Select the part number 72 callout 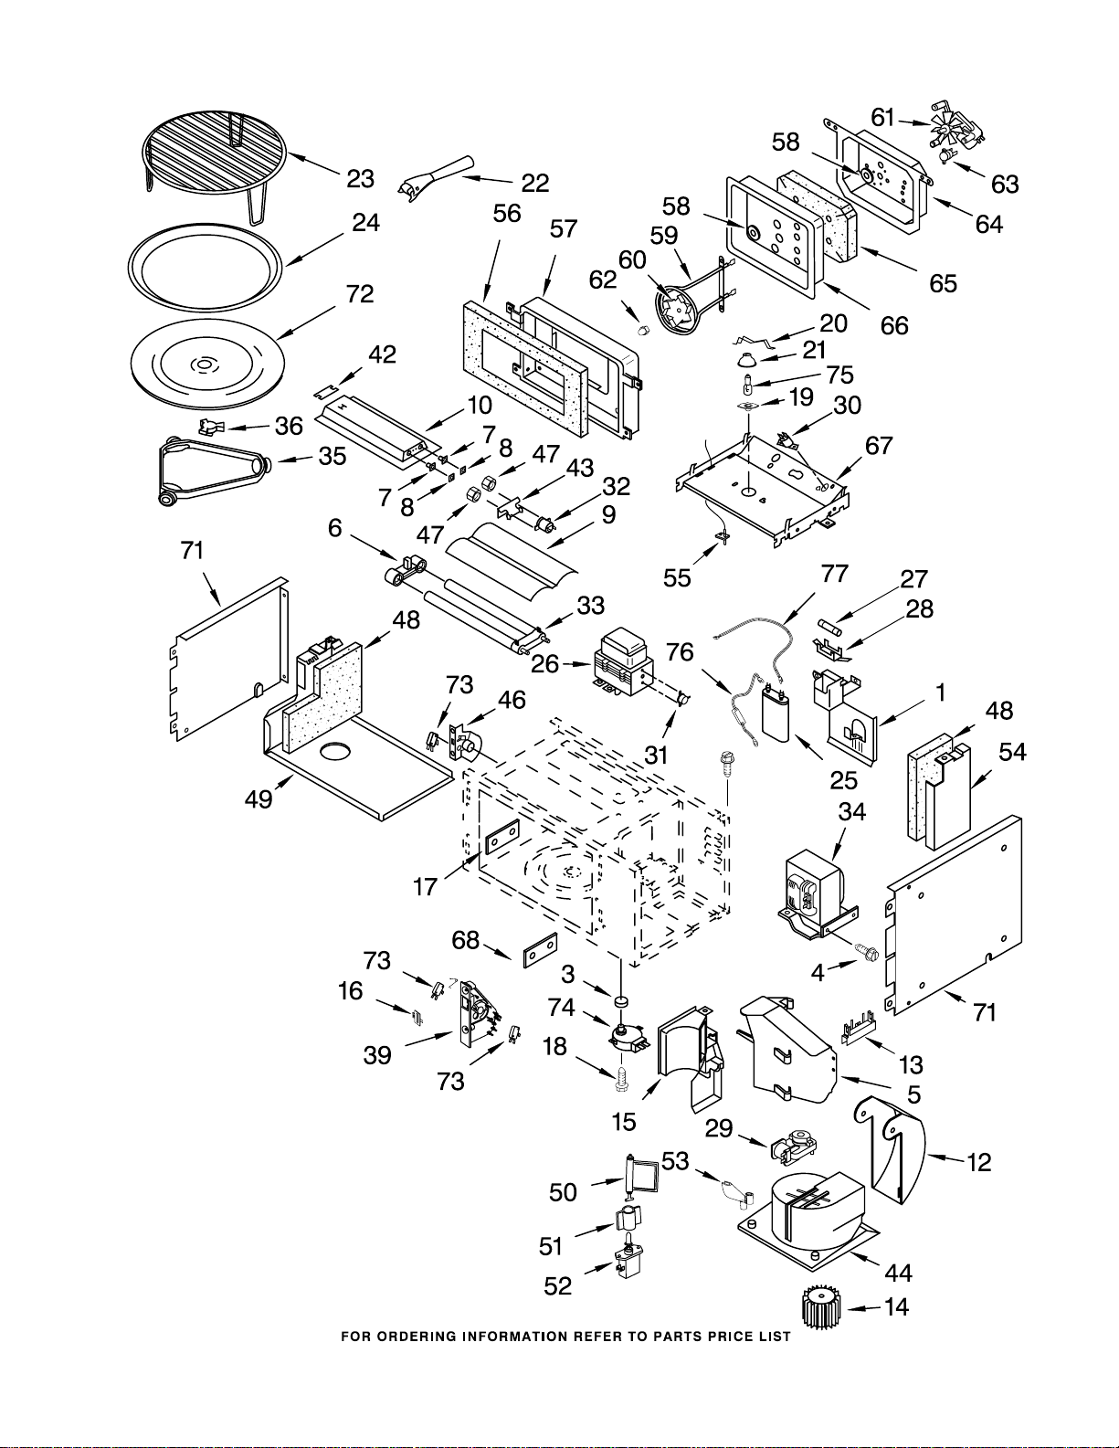360,294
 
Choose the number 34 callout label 851,811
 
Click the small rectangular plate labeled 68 540,950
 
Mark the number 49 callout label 259,798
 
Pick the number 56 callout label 506,214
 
